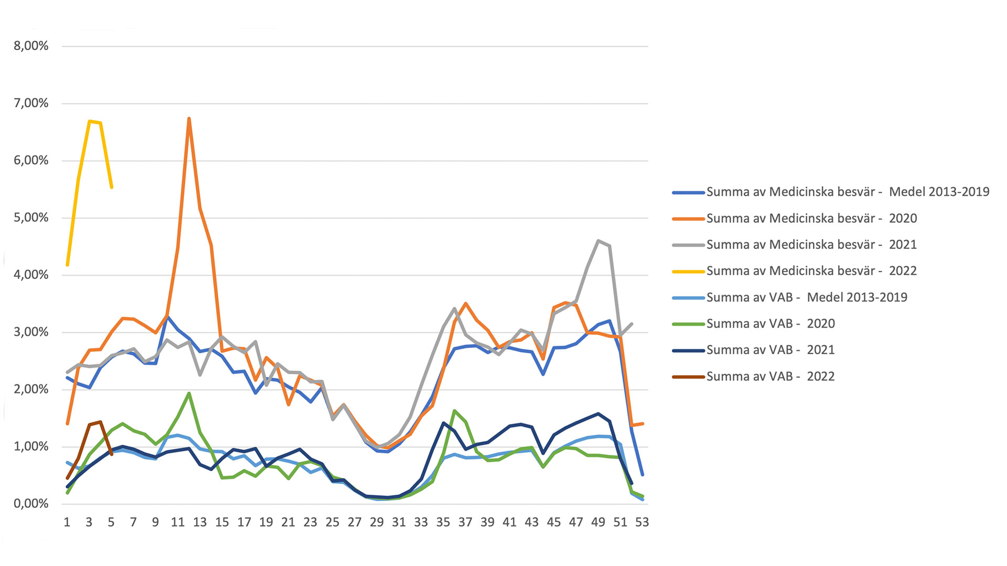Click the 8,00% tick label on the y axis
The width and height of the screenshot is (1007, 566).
coord(31,46)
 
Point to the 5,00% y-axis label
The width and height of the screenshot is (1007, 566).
coord(31,217)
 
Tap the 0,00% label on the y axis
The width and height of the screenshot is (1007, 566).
coord(31,504)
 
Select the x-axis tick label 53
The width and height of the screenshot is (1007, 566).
coord(642,522)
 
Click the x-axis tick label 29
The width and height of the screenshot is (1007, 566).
coord(377,522)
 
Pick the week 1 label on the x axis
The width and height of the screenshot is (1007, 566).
coord(67,522)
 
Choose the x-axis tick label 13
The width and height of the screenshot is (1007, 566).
coord(200,522)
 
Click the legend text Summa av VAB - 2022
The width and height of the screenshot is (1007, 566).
coord(770,376)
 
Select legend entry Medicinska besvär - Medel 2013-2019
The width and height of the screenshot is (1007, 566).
coord(848,192)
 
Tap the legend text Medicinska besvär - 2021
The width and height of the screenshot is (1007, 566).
coord(811,245)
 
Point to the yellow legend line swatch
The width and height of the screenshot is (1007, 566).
coord(688,271)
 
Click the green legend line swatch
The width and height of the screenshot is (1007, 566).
coord(688,324)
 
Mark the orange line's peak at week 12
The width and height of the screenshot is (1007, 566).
coord(189,119)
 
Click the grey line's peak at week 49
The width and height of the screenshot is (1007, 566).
coord(598,241)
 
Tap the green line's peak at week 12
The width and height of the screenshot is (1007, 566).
coord(189,393)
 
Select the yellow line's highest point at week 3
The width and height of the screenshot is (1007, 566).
coord(90,122)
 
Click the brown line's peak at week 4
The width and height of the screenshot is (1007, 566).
coord(100,421)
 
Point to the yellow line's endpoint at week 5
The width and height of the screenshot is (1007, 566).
coord(112,187)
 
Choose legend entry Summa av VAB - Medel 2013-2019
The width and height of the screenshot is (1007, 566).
coord(807,298)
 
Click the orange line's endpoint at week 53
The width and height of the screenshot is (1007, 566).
coord(642,423)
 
